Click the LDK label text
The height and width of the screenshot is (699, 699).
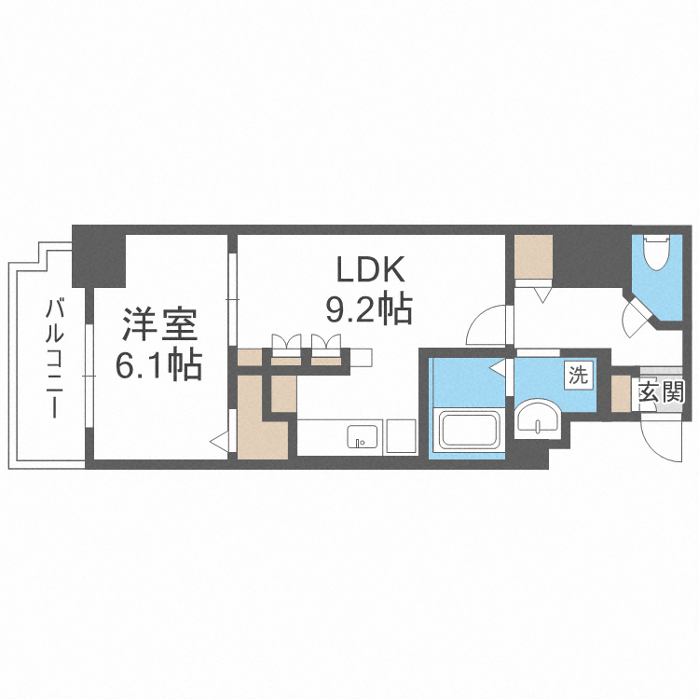point(370,269)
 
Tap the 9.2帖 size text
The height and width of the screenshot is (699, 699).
point(369,309)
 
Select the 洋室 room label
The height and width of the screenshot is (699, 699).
point(159,324)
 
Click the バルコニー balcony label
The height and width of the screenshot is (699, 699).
point(54,360)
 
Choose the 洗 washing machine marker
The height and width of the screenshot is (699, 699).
point(579,376)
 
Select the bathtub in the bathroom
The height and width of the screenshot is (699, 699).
point(468,431)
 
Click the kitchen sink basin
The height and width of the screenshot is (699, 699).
point(363,436)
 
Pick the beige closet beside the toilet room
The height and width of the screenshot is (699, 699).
point(534,256)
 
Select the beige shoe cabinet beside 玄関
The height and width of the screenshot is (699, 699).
point(620,392)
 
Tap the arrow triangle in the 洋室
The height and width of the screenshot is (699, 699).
point(219,442)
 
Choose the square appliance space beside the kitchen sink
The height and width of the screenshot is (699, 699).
point(401,436)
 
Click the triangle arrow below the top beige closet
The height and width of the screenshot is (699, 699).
point(543,295)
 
